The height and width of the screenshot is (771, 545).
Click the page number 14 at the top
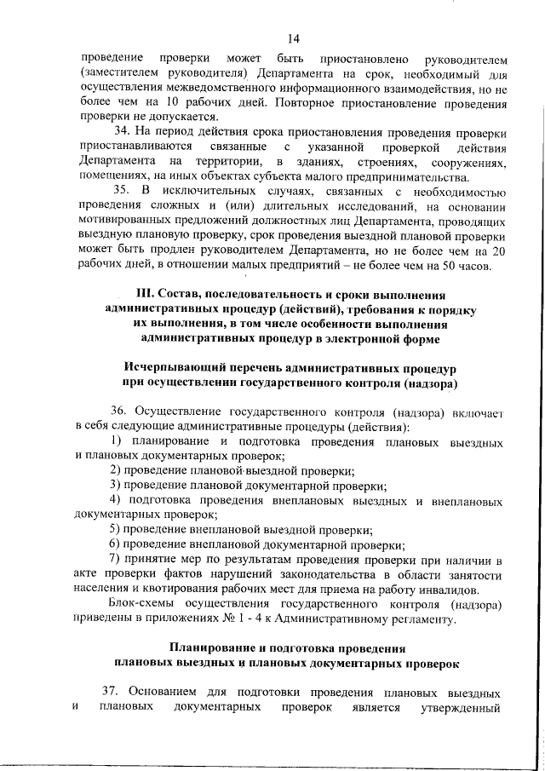[294, 37]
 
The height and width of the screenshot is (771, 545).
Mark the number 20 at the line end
[500, 252]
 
